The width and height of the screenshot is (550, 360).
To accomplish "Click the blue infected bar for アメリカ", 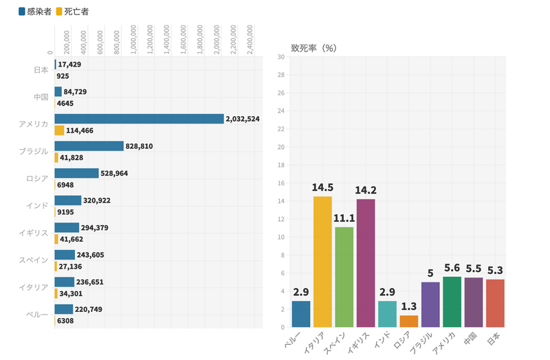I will point(139,119).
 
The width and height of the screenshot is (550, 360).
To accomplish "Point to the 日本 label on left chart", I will point(41,70).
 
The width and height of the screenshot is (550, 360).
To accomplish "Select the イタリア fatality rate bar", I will point(322,262).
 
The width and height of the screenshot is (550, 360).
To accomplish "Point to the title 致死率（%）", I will point(312,48).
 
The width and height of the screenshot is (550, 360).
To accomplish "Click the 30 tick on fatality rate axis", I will point(281,57).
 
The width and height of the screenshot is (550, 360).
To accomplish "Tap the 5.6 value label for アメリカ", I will point(452,268).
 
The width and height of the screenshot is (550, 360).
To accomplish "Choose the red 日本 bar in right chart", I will point(495,303).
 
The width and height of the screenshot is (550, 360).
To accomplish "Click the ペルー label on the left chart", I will point(40,315).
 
